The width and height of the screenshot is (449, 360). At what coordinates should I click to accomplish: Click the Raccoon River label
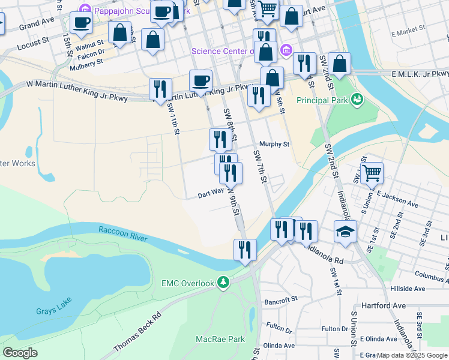pos(122,233)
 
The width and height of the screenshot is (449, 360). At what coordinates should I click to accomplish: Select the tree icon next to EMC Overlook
pos(223,281)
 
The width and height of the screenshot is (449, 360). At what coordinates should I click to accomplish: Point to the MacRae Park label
pos(220,339)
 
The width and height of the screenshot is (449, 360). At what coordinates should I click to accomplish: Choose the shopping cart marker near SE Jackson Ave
pos(372,173)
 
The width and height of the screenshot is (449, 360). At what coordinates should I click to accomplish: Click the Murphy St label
pos(274,145)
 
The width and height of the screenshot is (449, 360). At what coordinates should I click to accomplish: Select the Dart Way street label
pos(211,195)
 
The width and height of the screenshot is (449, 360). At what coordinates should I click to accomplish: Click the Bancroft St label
pos(281,299)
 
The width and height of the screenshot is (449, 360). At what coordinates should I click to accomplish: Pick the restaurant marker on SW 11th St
pos(160,89)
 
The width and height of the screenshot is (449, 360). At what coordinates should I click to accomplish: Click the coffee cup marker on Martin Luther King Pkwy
pos(200,80)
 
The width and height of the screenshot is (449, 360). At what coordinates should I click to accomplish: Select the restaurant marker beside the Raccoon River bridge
pos(245,249)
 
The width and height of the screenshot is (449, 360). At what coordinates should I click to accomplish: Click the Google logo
pos(20,353)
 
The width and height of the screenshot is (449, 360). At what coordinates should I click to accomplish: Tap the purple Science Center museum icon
pos(286,50)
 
